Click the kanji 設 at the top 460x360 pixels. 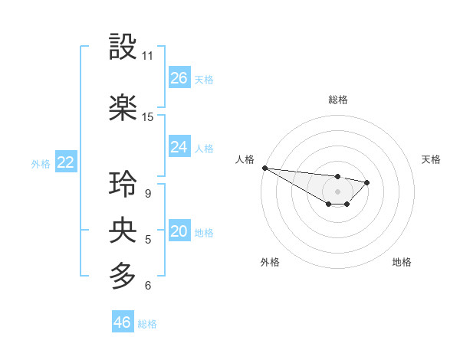pyautogui.click(x=123, y=47)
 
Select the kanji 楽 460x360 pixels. pyautogui.click(x=123, y=108)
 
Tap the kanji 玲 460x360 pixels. pyautogui.click(x=123, y=184)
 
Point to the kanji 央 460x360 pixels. pyautogui.click(x=123, y=230)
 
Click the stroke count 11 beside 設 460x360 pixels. pyautogui.click(x=148, y=57)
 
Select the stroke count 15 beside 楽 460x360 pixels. pyautogui.click(x=148, y=117)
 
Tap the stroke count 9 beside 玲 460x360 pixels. pyautogui.click(x=147, y=194)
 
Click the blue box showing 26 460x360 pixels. pyautogui.click(x=179, y=78)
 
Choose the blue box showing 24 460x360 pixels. pyautogui.click(x=179, y=147)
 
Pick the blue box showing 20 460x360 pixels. pyautogui.click(x=179, y=232)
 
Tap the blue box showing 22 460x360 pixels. pyautogui.click(x=65, y=162)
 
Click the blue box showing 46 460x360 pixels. pyautogui.click(x=123, y=322)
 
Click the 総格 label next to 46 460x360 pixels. pyautogui.click(x=147, y=324)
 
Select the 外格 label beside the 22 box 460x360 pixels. pyautogui.click(x=41, y=163)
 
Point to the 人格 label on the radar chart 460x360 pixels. pyautogui.click(x=245, y=159)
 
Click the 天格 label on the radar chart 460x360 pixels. pyautogui.click(x=431, y=159)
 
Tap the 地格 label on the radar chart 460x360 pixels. pyautogui.click(x=402, y=262)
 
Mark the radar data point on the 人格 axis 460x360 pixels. pyautogui.click(x=264, y=168)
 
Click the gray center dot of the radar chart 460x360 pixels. pyautogui.click(x=337, y=191)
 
